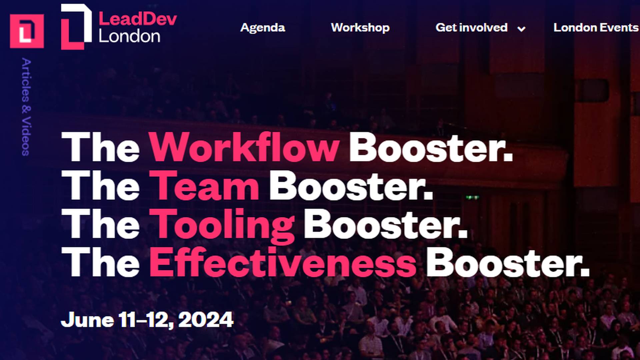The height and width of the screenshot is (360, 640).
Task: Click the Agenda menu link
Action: coord(262,28)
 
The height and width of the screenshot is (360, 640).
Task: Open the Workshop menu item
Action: coord(360,28)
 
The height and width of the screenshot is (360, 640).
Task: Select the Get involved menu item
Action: coord(471,28)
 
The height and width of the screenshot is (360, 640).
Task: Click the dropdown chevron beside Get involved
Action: coord(521,29)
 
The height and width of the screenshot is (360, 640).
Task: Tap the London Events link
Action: coord(596,28)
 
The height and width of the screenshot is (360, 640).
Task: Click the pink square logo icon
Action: coord(27,31)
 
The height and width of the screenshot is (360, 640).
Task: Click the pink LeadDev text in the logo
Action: coord(138,19)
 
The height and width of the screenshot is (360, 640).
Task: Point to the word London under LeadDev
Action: coord(129,36)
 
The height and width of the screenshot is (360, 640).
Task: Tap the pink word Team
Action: coord(204,186)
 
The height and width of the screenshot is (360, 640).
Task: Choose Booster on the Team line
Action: coord(351,186)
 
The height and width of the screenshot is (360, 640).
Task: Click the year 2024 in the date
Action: coord(206,320)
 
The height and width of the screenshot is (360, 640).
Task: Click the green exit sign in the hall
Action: coord(472,197)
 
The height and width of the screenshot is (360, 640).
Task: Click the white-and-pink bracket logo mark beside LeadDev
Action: coord(76,27)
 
